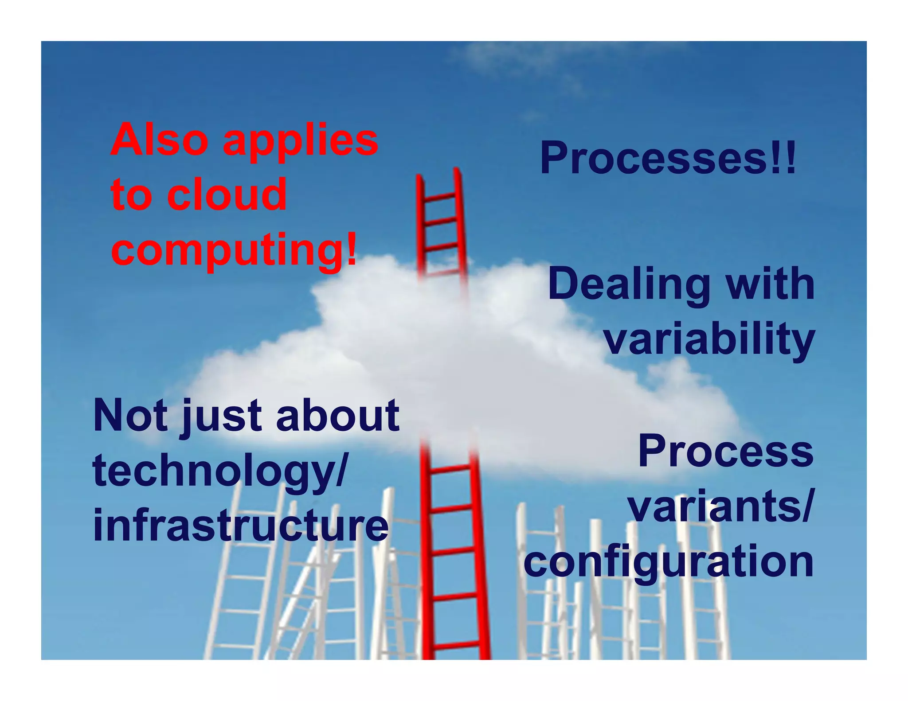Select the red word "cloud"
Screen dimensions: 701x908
[x=227, y=195]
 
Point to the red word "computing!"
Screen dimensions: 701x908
[x=234, y=250]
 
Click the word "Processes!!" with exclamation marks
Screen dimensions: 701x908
[x=668, y=158]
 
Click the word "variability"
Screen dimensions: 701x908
[x=709, y=339]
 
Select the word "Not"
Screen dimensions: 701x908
[x=131, y=415]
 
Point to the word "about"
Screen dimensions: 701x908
[x=337, y=415]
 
